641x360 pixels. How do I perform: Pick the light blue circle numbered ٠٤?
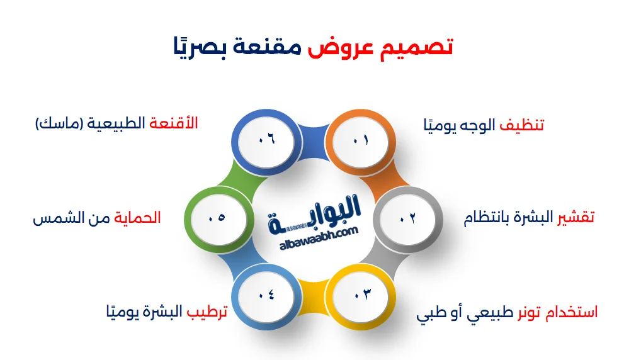coord(265,295)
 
